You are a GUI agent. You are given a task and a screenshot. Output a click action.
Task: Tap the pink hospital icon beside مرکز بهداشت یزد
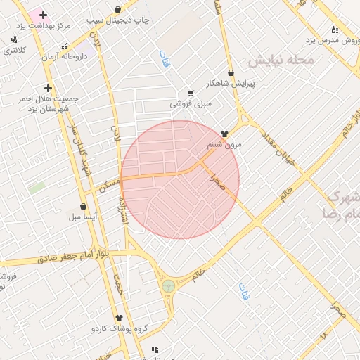[x=43, y=15]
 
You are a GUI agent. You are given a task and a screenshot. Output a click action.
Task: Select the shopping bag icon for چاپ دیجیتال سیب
[x=117, y=9]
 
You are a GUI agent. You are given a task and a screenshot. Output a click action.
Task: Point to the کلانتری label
[x=15, y=51]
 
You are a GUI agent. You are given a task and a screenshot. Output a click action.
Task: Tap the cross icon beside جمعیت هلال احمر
[x=48, y=88]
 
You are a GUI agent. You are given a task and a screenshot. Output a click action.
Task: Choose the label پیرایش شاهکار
[x=231, y=84]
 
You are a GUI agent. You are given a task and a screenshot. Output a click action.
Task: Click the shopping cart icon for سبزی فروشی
[x=191, y=93]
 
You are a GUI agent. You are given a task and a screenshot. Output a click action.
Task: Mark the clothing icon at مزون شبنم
[x=224, y=133]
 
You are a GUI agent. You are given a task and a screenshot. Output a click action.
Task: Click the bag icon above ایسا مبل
[x=84, y=207]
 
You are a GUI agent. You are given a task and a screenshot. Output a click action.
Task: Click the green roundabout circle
[x=169, y=285]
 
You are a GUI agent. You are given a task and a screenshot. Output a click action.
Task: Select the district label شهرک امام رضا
[x=340, y=204]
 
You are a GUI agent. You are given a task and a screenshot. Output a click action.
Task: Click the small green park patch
[x=37, y=188]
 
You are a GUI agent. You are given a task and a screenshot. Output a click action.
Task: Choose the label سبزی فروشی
[x=191, y=104]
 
